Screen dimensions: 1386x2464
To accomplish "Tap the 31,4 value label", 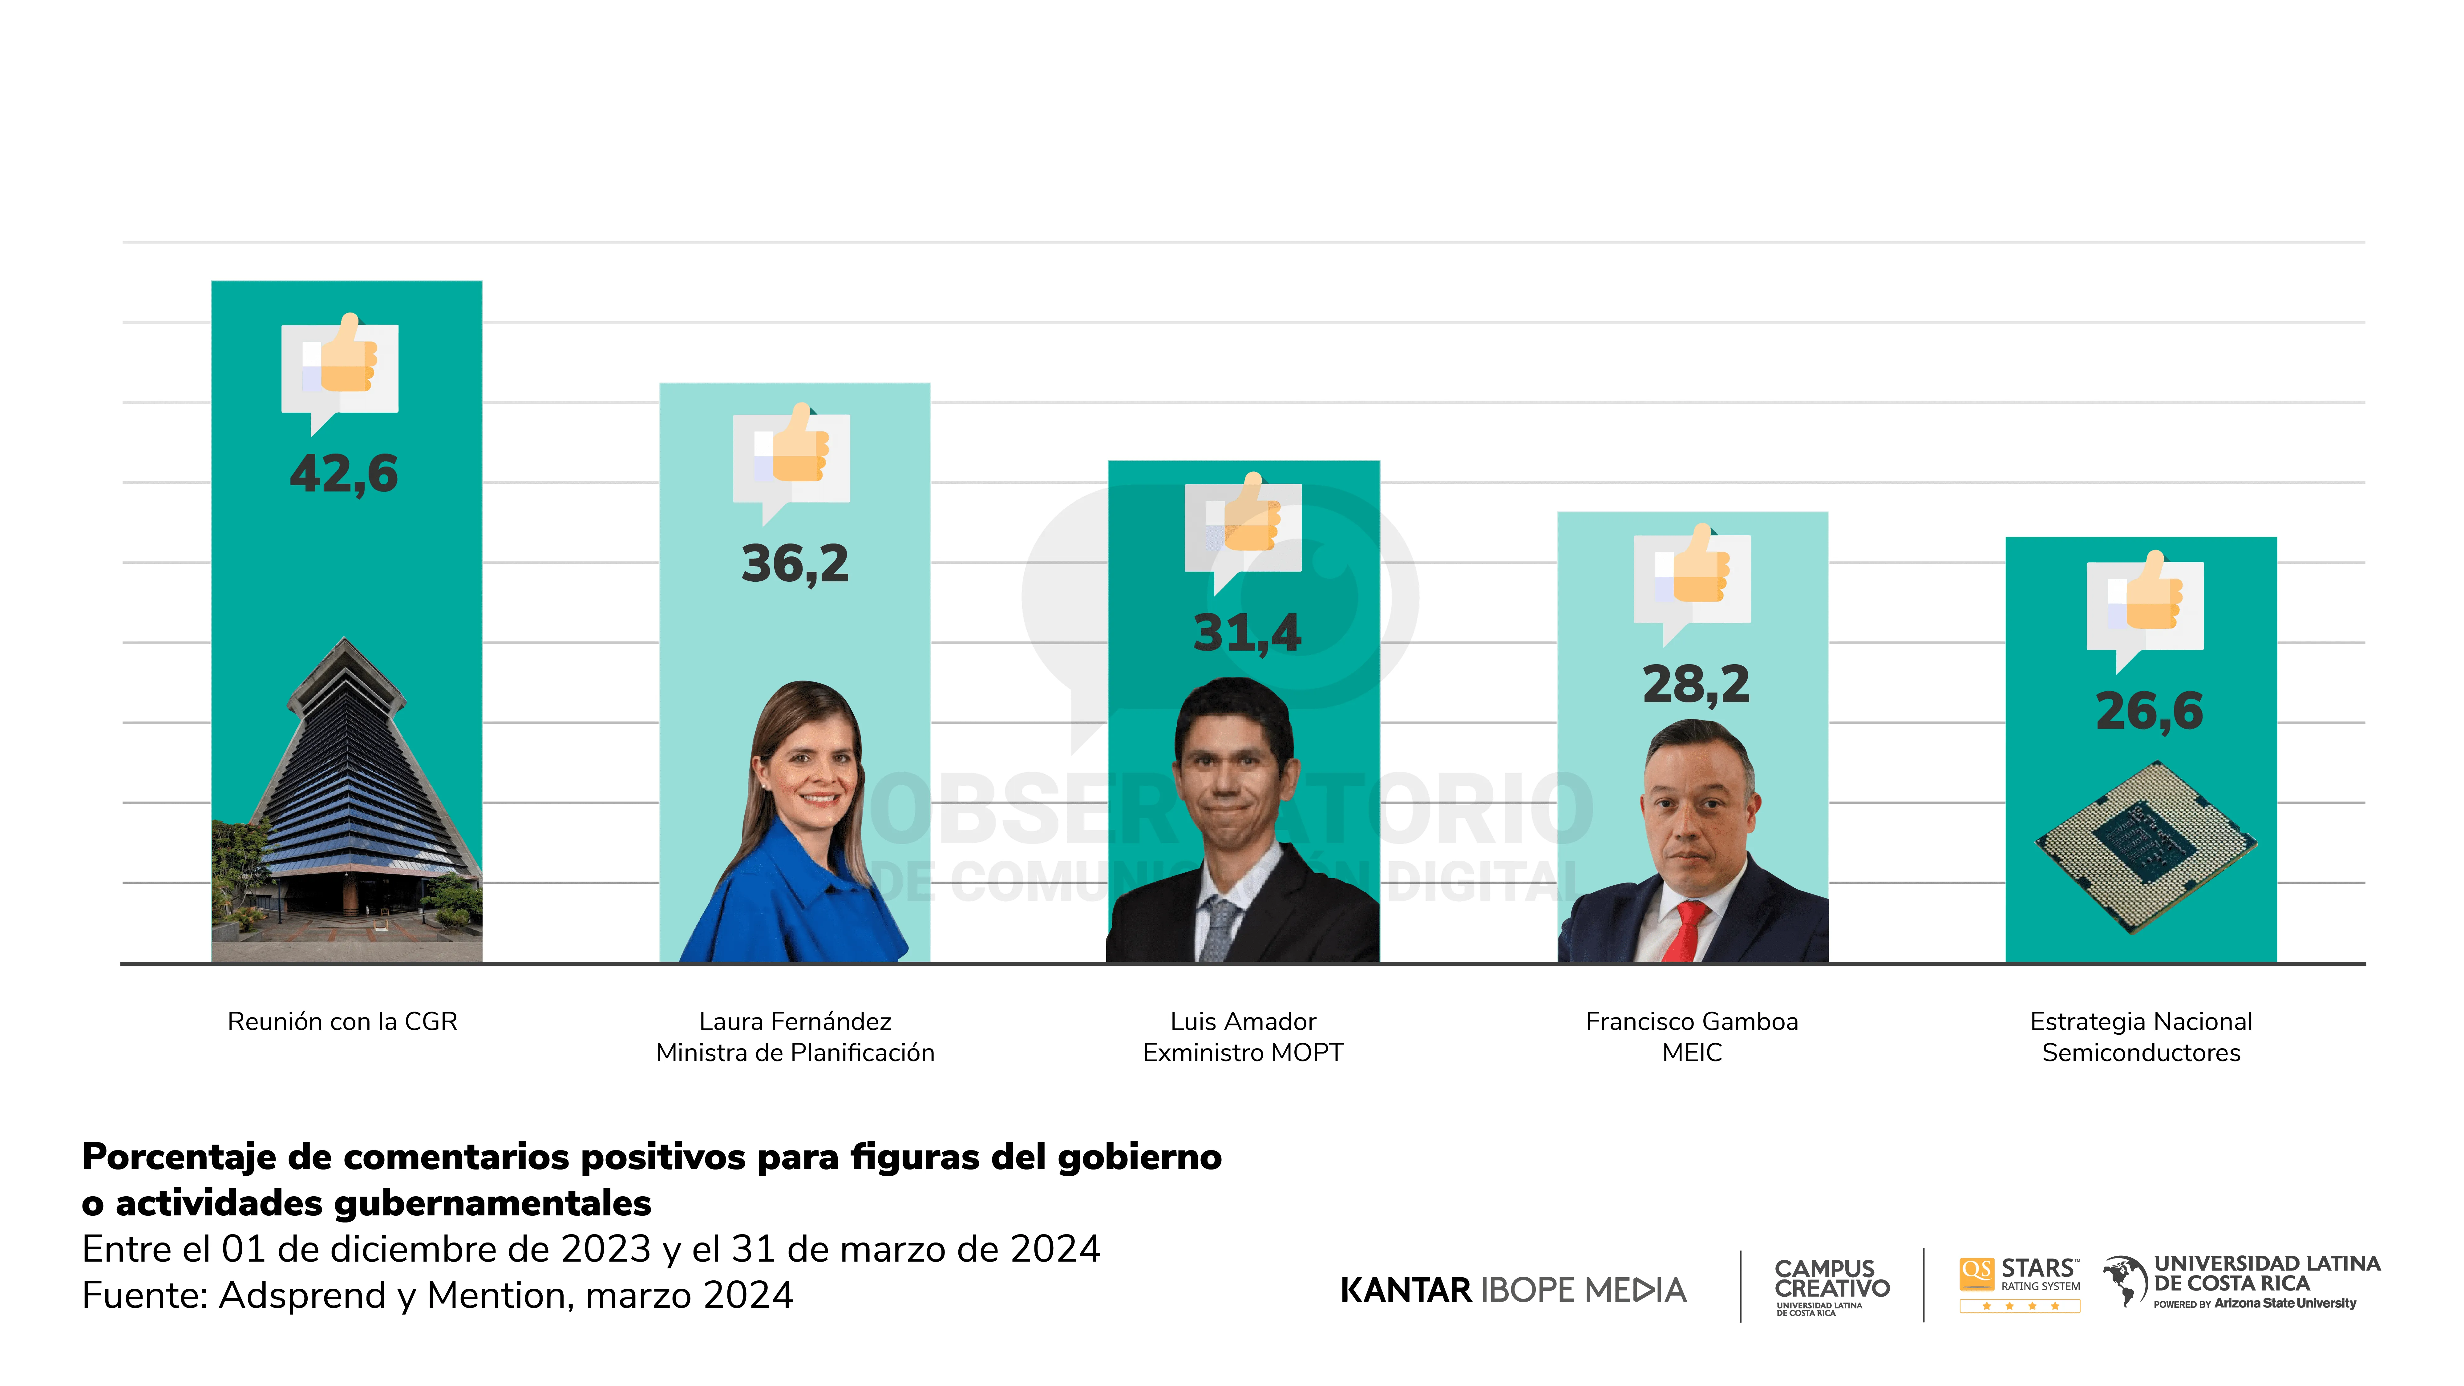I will click(x=1246, y=633).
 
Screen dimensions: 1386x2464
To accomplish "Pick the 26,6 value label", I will click(x=2148, y=712).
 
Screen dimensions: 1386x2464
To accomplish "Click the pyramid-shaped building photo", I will click(x=346, y=803).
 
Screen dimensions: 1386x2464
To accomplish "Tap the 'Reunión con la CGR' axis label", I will click(x=342, y=1022).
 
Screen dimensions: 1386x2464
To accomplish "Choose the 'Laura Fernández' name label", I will click(x=795, y=1022).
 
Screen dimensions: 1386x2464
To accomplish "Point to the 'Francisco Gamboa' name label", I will click(x=1691, y=1022).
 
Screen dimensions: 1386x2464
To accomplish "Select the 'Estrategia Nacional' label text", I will click(x=2141, y=1022).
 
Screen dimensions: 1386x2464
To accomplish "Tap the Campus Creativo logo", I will click(x=1831, y=1285).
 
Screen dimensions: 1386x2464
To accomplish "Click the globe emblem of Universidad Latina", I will click(x=2124, y=1280).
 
